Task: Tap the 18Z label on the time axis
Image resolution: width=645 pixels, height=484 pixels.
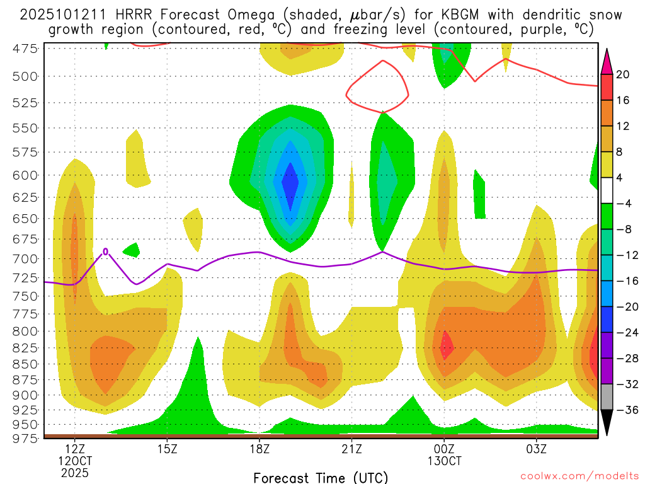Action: pyautogui.click(x=260, y=449)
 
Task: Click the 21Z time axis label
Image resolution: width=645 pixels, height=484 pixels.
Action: pyautogui.click(x=351, y=449)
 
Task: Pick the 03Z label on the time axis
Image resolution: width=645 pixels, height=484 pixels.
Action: pyautogui.click(x=536, y=449)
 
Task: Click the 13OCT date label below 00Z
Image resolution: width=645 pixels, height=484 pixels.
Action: pyautogui.click(x=444, y=461)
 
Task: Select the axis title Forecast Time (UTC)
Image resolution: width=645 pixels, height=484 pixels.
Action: pyautogui.click(x=321, y=477)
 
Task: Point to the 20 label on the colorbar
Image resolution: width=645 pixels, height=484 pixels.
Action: pyautogui.click(x=623, y=74)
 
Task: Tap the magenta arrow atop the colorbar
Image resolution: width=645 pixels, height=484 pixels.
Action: pyautogui.click(x=607, y=60)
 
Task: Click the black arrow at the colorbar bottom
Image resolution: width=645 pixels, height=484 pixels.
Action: pyautogui.click(x=607, y=423)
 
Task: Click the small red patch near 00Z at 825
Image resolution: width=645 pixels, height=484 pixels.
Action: pyautogui.click(x=446, y=345)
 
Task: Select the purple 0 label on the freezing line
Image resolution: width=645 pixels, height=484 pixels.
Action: pyautogui.click(x=106, y=251)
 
